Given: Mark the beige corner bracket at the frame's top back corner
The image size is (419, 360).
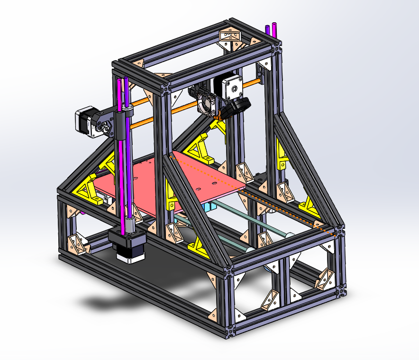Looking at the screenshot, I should (229, 36).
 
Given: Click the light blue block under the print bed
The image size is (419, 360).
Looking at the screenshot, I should (209, 207).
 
